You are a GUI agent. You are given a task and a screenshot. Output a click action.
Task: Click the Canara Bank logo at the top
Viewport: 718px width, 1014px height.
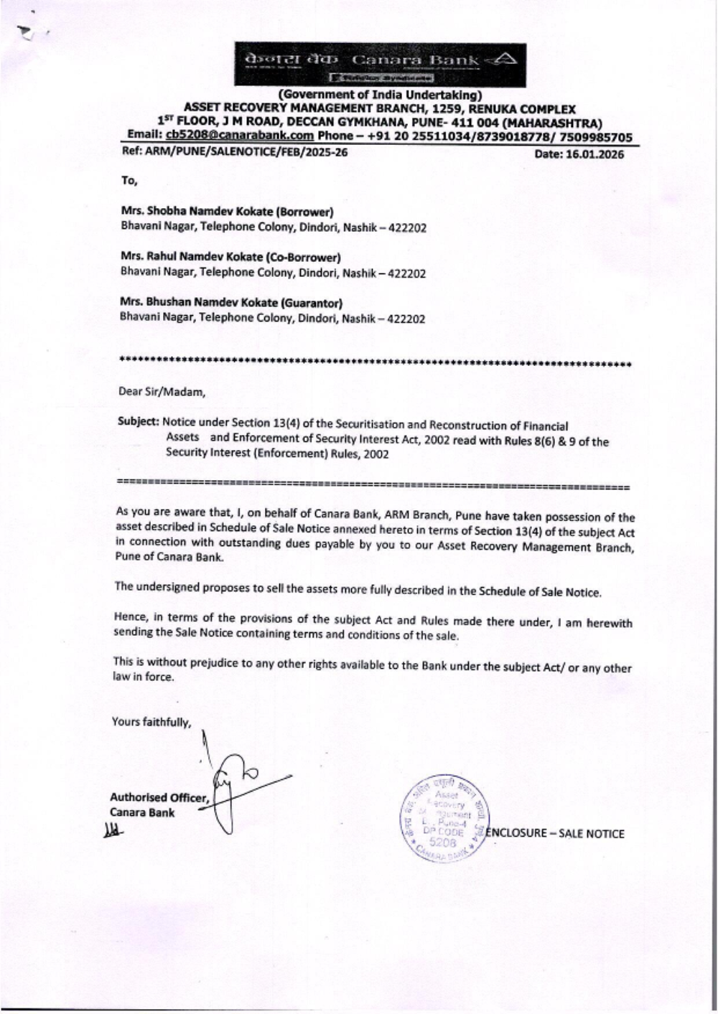[x=381, y=63]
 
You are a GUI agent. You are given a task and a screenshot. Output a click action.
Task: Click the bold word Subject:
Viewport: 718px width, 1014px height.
[x=139, y=421]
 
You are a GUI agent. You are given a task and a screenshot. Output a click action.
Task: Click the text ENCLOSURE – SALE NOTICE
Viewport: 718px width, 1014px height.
[x=555, y=834]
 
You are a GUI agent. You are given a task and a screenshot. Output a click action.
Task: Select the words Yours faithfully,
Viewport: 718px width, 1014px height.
[x=151, y=722]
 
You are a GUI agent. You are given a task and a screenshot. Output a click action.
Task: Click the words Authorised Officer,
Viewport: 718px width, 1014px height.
[x=159, y=797]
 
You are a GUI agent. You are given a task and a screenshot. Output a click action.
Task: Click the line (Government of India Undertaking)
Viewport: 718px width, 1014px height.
[x=380, y=95]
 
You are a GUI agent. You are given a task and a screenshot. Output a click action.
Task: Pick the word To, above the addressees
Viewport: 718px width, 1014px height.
[x=129, y=180]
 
